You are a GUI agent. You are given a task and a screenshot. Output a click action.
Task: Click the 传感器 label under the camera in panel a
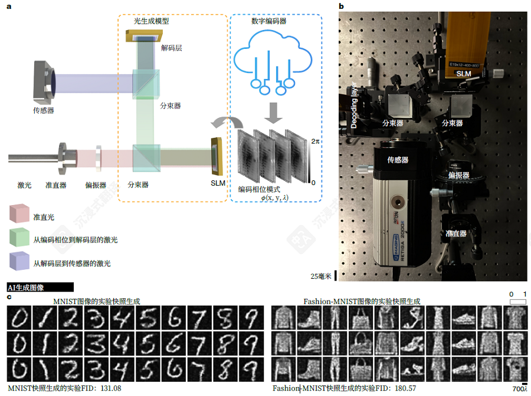[44, 110]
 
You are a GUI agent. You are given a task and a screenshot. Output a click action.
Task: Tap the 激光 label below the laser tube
[24, 185]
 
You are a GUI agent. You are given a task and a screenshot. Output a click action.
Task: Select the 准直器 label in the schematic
[56, 185]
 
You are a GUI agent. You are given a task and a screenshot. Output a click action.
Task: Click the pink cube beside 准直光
[19, 213]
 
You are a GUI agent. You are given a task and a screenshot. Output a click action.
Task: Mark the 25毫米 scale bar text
[322, 276]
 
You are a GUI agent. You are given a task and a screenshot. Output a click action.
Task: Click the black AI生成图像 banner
[40, 288]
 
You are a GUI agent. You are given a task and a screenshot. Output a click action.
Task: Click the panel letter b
[342, 6]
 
